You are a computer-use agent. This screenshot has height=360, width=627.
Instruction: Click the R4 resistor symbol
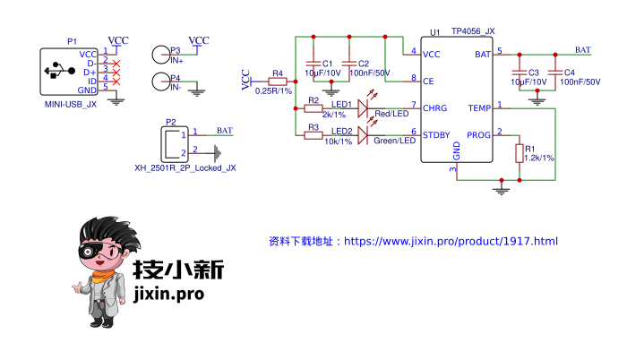(278, 81)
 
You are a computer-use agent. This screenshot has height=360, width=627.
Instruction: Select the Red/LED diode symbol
(363, 107)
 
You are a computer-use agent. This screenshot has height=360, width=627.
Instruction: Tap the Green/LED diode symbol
(363, 136)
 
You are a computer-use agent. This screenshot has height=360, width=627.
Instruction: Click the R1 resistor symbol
(519, 153)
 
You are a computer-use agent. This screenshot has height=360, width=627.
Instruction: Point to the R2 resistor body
(313, 107)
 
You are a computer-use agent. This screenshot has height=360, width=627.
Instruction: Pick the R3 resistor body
(313, 136)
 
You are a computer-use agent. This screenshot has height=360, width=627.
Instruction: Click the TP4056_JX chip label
(473, 31)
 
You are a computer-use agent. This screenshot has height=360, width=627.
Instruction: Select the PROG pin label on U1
(479, 135)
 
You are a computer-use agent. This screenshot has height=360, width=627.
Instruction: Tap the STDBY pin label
(436, 135)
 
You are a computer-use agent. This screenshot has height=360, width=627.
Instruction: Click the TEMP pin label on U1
(479, 108)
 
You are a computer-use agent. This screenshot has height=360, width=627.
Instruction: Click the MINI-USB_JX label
(70, 105)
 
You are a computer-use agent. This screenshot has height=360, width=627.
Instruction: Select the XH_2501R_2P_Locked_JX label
(185, 167)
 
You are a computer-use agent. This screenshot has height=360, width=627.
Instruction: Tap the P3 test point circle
(160, 56)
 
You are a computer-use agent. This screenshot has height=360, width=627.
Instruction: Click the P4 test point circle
(160, 82)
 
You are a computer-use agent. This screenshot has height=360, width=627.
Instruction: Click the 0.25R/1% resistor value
(273, 91)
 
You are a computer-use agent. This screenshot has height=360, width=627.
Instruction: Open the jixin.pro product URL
(451, 242)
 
